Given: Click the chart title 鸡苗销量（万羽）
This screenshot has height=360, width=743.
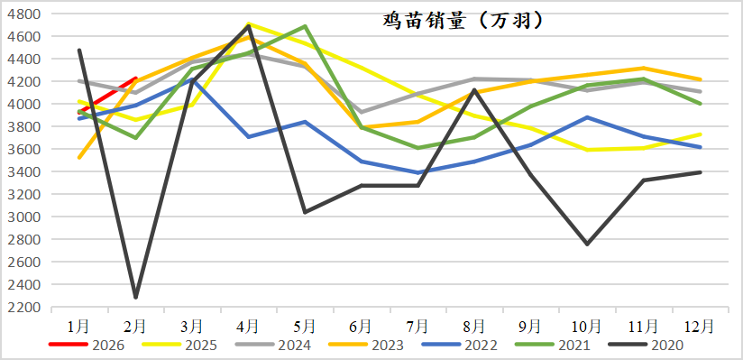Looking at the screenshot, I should (461, 21).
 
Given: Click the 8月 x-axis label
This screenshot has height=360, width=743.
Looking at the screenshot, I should (474, 324).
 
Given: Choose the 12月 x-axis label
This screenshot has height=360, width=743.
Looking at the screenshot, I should (700, 324).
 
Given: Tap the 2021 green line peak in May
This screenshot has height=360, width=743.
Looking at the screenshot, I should (305, 26).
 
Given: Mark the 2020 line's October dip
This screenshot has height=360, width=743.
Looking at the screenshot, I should (587, 245).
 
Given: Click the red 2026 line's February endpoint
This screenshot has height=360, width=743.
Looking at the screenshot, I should (135, 78).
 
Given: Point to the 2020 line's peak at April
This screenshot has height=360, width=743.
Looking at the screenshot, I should (248, 25).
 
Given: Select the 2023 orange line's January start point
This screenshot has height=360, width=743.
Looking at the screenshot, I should (79, 158).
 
